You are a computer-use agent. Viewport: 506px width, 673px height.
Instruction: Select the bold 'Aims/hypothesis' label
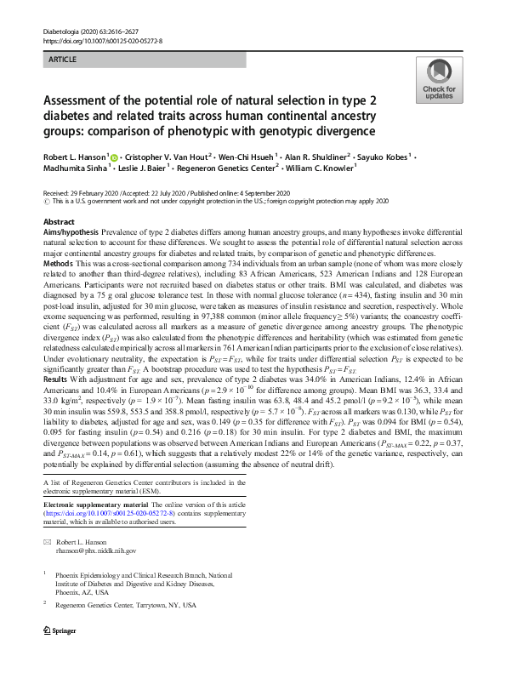(x=70, y=231)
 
